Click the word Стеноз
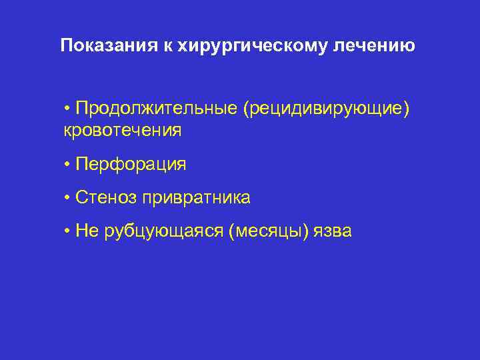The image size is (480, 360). (x=107, y=197)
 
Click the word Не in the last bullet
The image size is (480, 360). (x=87, y=231)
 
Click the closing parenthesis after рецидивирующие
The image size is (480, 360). (x=406, y=109)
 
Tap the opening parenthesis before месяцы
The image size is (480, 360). (x=231, y=231)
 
